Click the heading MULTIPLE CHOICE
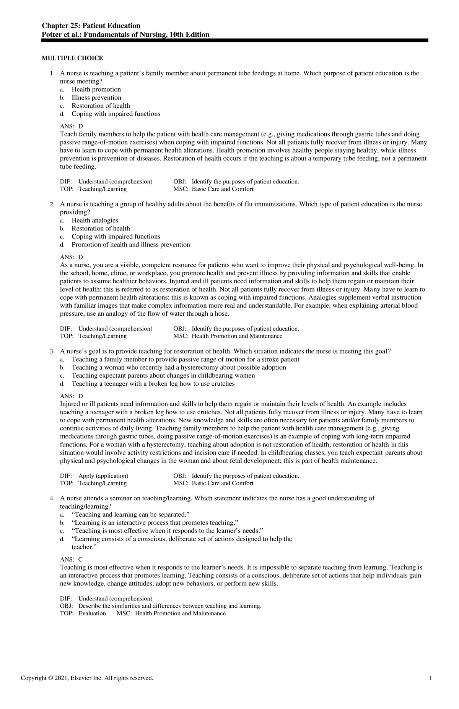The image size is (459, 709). point(72,58)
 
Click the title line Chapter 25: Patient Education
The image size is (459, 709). point(91,26)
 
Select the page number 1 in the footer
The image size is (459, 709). point(431,678)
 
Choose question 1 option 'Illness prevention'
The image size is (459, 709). point(96,97)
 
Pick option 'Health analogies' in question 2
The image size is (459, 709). point(95,220)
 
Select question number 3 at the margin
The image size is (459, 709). point(52,351)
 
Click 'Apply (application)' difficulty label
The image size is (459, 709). point(103,476)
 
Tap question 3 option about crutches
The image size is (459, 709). point(153,383)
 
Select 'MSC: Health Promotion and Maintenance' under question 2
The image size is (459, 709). point(228,336)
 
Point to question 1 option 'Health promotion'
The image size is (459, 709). point(96,89)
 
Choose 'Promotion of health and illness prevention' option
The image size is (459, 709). point(131,245)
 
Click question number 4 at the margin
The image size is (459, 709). point(52,498)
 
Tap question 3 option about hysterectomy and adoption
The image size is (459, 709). point(179,367)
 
